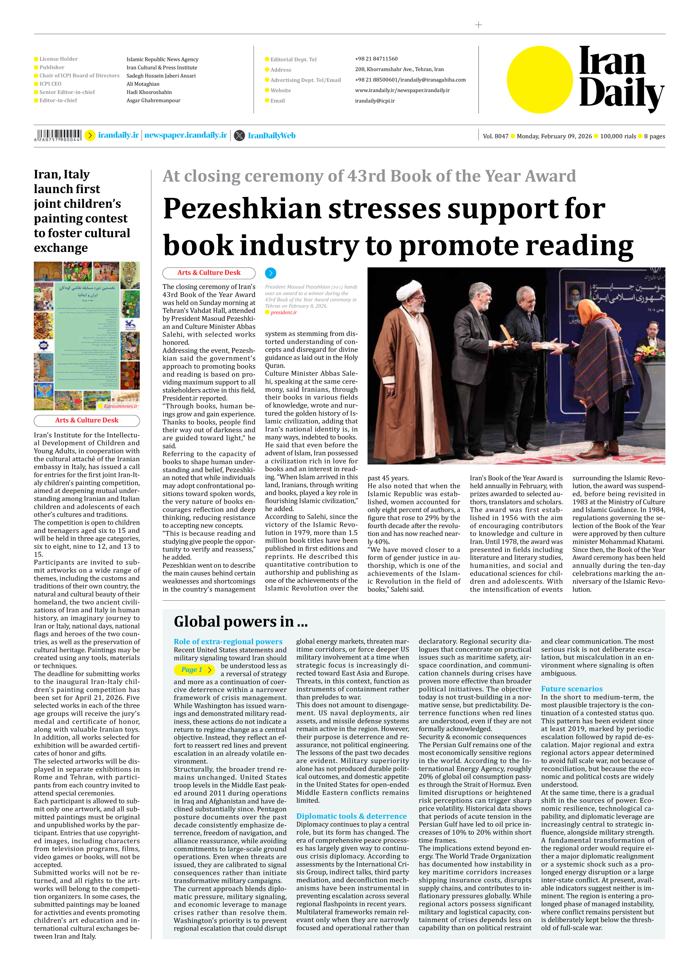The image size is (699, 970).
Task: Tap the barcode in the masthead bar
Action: coord(58,135)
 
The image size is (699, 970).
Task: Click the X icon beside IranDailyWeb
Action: coord(239,136)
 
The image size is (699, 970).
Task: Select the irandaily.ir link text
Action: coord(119,135)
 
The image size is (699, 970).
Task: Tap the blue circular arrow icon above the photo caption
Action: coord(271,273)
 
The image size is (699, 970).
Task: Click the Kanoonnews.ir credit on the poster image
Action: coord(120,406)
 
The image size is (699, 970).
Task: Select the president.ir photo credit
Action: coord(284,313)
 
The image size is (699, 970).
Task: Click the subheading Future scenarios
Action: coord(572,689)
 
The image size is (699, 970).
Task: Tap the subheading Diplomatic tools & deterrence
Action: coord(351,816)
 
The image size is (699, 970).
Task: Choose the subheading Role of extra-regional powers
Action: coord(228,642)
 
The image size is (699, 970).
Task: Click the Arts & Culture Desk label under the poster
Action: coord(87,420)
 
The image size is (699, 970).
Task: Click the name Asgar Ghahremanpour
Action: coord(153,100)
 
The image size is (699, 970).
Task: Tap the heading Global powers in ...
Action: coord(240,621)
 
